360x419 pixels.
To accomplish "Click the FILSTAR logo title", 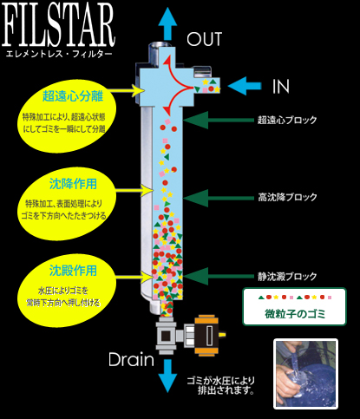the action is point(58,25).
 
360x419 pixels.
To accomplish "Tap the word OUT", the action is point(204,39).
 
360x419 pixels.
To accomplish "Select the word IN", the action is point(281,86).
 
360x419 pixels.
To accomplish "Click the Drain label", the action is point(131,359).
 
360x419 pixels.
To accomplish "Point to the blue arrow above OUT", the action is point(167,23).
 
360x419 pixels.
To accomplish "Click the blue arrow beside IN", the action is point(245,86).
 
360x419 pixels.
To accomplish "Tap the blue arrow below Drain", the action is point(167,376).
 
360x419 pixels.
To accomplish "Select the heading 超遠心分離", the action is point(73,96).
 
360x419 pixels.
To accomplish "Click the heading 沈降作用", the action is point(73,184).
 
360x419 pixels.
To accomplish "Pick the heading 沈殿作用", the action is point(73,271).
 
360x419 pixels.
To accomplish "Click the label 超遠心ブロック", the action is point(287,120).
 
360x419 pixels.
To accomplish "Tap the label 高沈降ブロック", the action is point(287,197).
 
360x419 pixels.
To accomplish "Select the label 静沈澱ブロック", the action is point(287,277).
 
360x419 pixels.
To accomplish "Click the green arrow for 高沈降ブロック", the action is point(218,198).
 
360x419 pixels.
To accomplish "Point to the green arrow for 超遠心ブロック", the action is point(218,120).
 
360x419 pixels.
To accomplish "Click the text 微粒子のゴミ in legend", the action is point(295,314).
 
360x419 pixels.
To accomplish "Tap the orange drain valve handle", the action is point(206,336).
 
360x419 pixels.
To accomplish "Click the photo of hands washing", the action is point(305,374).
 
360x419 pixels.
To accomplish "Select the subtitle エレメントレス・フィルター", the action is point(58,54).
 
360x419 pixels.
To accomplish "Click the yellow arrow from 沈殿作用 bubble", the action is point(134,277).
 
